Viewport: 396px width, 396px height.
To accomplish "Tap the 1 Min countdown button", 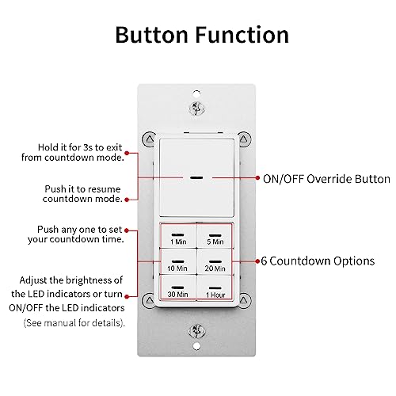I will (x=177, y=238).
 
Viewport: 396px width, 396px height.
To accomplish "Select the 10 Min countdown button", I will (x=177, y=265).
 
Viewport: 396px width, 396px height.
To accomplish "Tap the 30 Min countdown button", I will (x=177, y=290).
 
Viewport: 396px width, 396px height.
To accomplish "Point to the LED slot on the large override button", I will (x=195, y=178).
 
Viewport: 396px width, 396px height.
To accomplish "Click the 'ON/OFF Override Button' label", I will (x=314, y=179).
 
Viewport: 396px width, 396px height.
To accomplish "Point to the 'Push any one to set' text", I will (x=80, y=234).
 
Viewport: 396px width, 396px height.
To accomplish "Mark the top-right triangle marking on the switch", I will (x=243, y=139).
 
